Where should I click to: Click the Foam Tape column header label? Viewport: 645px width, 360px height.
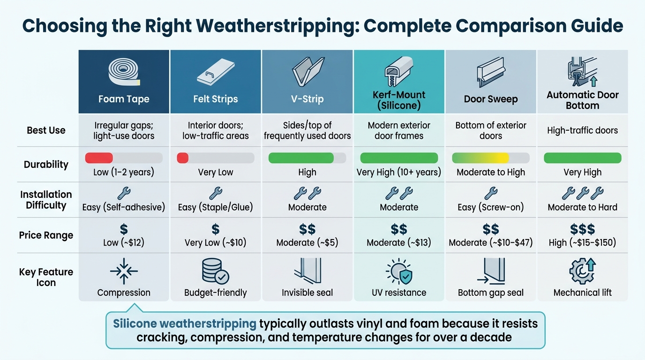[x=124, y=99]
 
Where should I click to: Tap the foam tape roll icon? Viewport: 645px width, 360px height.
[x=124, y=73]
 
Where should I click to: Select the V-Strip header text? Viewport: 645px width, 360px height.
[x=307, y=99]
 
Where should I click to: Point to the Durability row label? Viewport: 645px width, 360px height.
[x=46, y=165]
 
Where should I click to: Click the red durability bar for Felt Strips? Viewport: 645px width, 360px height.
[x=182, y=158]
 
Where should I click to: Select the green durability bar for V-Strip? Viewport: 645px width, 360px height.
[x=301, y=158]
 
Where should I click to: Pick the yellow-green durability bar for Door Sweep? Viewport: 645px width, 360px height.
[x=480, y=158]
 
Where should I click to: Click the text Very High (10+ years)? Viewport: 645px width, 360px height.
[x=399, y=172]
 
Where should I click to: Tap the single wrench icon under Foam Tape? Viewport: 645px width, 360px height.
[x=124, y=193]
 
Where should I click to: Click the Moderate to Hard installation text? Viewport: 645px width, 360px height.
[x=582, y=207]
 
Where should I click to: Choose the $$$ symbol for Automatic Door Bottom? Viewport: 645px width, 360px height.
[x=582, y=229]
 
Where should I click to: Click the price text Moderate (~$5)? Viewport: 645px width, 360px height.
[x=307, y=243]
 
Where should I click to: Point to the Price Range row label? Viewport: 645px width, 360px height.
[x=46, y=235]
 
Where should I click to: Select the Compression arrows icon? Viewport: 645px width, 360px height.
[x=124, y=271]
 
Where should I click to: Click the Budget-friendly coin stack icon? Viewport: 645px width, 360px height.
[x=215, y=271]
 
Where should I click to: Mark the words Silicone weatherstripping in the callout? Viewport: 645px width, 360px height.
[x=185, y=323]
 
